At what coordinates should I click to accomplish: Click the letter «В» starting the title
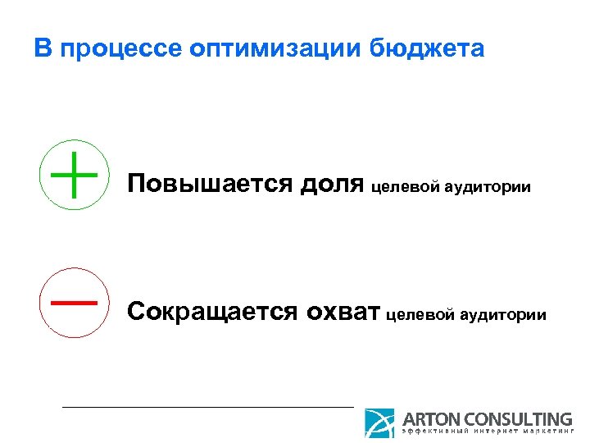click(x=43, y=49)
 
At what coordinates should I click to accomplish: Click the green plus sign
click(x=73, y=175)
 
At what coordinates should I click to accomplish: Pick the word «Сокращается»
click(x=212, y=312)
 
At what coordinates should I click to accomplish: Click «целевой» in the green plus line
click(x=405, y=188)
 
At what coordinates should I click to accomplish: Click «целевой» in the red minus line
click(x=419, y=315)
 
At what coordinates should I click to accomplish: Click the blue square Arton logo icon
click(x=379, y=422)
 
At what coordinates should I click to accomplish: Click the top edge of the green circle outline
click(x=73, y=141)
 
